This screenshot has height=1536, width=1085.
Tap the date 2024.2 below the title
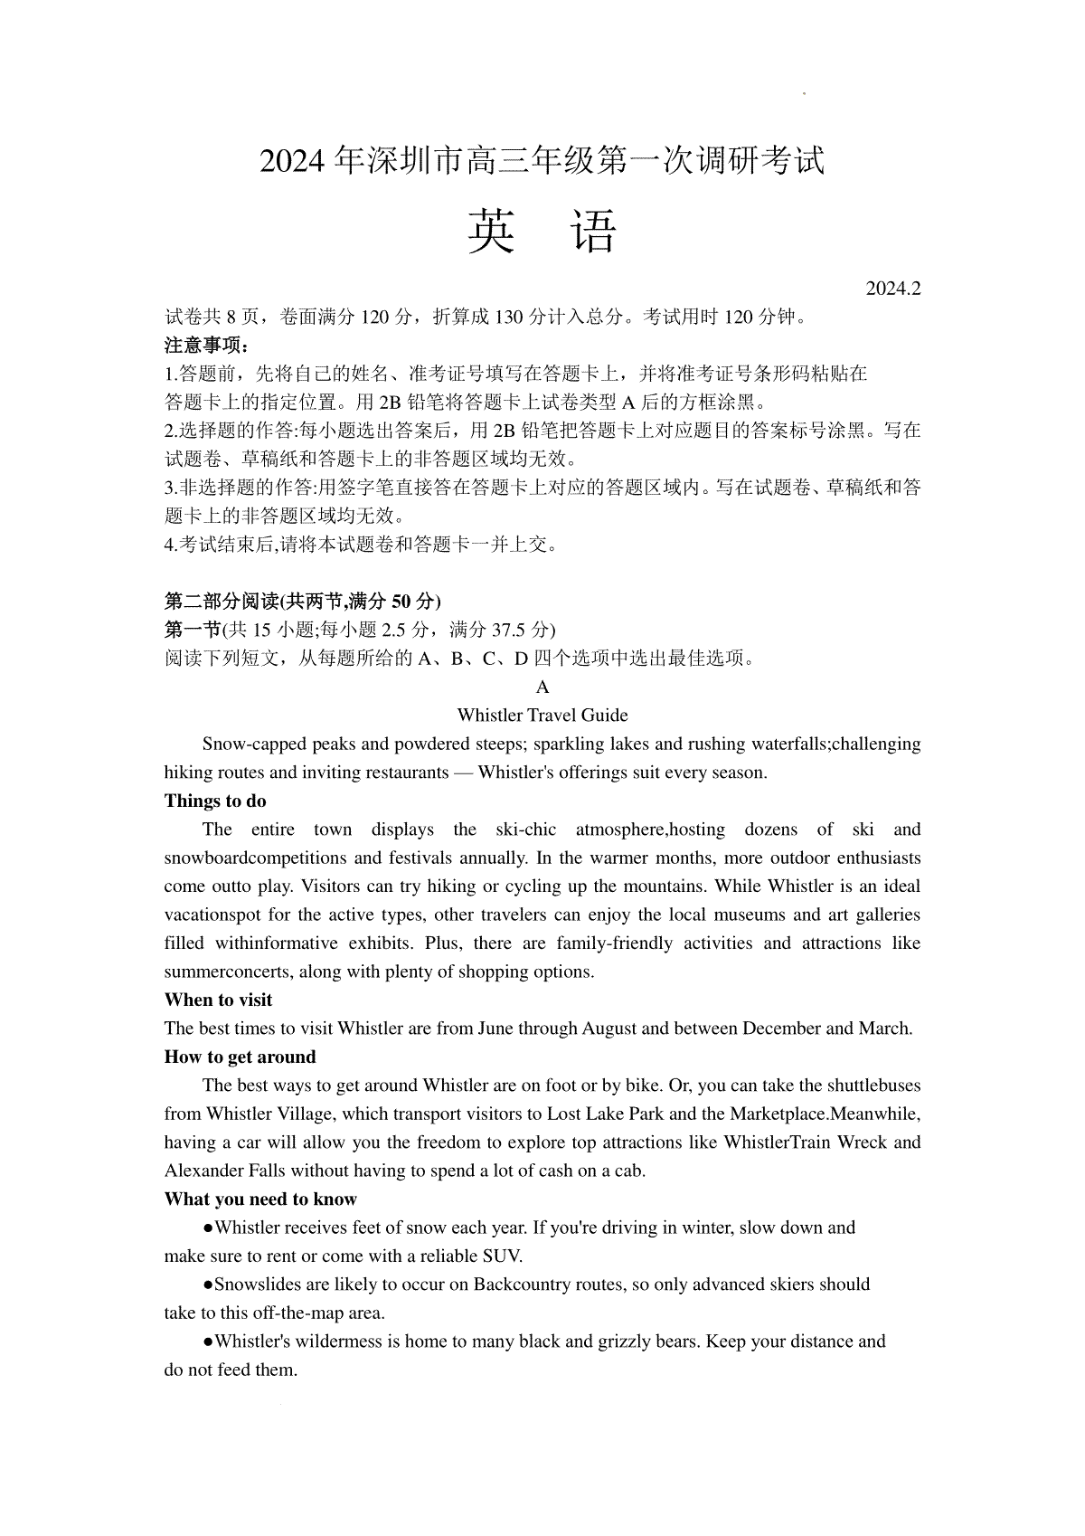[892, 289]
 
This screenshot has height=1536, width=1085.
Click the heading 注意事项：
[206, 345]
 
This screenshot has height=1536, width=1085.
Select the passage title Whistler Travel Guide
[542, 715]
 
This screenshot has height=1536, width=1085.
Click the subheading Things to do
[215, 801]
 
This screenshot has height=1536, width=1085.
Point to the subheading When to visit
[218, 1000]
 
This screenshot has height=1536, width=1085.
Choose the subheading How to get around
[240, 1057]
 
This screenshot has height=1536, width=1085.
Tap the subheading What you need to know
[260, 1199]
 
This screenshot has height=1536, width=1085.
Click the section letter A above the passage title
[542, 687]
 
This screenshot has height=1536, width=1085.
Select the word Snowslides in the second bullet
[257, 1284]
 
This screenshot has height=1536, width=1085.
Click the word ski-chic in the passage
[526, 829]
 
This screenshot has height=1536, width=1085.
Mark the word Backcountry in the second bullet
[530, 1284]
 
